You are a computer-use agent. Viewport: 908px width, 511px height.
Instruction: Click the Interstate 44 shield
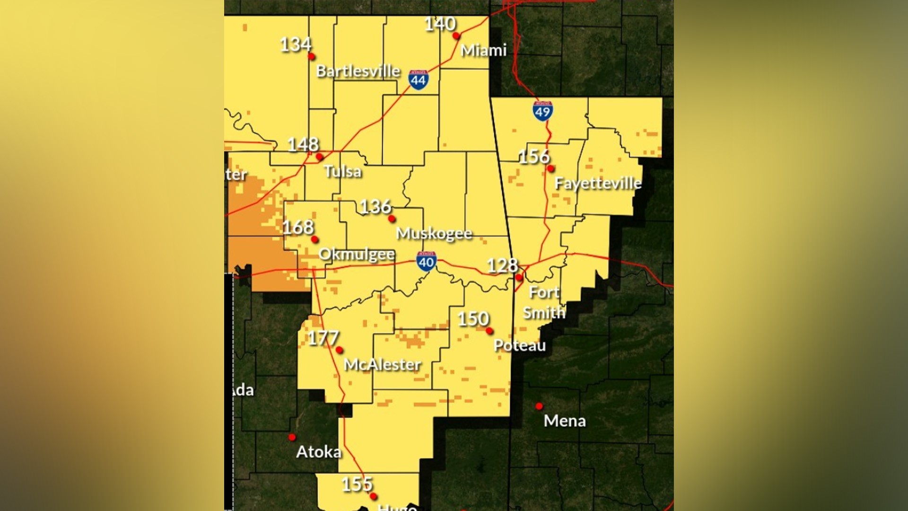[x=419, y=79]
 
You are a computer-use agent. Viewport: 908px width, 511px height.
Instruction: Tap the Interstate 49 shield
[x=542, y=111]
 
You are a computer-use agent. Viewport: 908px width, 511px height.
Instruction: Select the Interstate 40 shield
[x=426, y=261]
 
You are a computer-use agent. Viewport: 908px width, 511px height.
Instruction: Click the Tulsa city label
[x=343, y=171]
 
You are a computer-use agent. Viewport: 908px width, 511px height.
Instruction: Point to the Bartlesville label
[x=358, y=71]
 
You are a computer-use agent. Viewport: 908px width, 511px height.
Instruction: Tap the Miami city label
[x=483, y=50]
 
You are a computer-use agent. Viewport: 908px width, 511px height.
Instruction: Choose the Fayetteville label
[x=598, y=183]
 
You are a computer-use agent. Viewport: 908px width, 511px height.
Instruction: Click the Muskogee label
[x=434, y=233]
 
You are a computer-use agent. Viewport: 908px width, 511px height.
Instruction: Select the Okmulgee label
[x=357, y=255]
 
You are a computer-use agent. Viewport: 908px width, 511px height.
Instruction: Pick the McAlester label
[x=382, y=365]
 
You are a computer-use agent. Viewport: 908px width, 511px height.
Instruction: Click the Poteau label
[x=519, y=345]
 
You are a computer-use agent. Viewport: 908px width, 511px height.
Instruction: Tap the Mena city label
[x=565, y=421]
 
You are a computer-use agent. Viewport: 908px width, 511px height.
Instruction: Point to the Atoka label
[x=318, y=452]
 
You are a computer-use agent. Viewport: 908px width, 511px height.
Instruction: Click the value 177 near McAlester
[x=323, y=338]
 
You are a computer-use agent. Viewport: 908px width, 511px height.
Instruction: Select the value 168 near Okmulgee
[x=298, y=228]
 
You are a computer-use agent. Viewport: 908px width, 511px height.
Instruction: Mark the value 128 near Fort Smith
[x=502, y=265]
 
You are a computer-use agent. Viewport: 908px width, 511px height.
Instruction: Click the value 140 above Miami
[x=440, y=24]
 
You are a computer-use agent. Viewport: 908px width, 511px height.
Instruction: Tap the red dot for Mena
[x=539, y=406]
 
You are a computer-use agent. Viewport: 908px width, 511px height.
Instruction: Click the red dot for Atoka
[x=292, y=437]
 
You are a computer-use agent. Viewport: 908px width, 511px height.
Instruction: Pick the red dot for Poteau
[x=489, y=331]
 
